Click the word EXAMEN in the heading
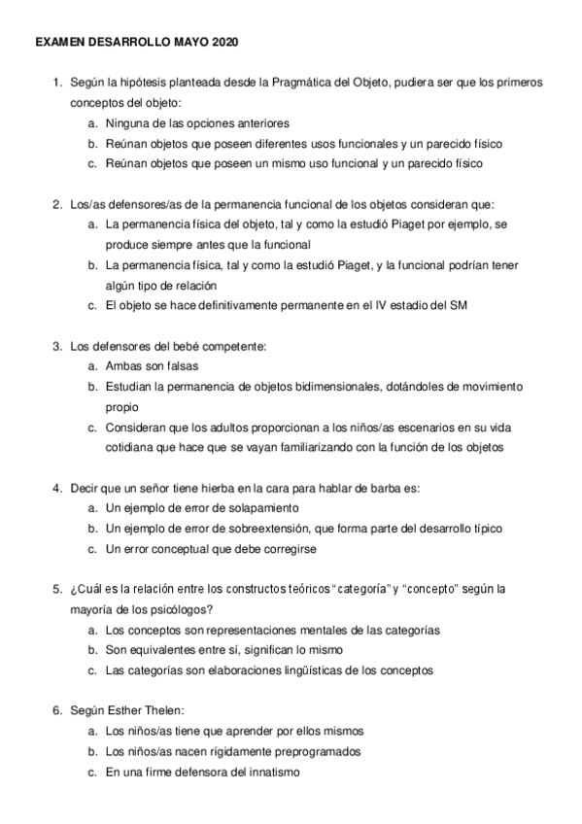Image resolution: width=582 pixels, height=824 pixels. [58, 44]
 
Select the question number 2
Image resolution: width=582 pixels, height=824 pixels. [56, 204]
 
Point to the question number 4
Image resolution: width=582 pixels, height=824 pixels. [56, 488]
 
